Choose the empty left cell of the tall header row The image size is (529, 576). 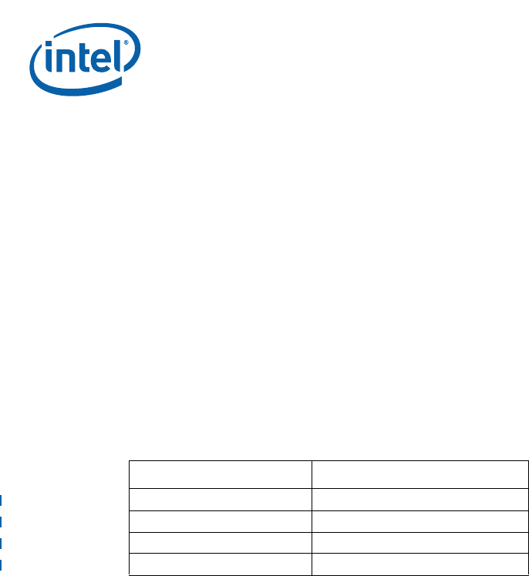[220, 474]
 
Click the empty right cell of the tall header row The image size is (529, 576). [420, 474]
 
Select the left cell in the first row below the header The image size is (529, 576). [220, 498]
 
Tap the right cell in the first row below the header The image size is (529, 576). [420, 498]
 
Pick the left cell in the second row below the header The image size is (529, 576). [220, 520]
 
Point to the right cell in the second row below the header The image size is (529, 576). [420, 520]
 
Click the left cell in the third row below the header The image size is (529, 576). [220, 542]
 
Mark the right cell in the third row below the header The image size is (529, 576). [420, 542]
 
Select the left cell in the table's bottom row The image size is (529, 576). [220, 564]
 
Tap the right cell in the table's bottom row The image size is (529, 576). [420, 564]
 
